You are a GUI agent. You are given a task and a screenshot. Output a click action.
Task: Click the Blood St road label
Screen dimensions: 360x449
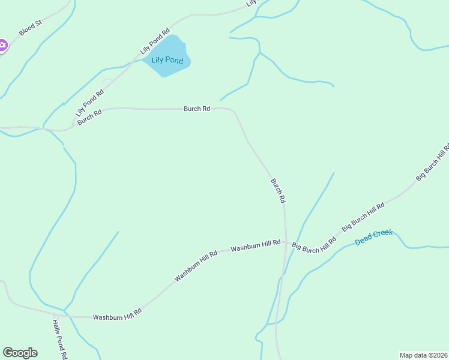point(29,28)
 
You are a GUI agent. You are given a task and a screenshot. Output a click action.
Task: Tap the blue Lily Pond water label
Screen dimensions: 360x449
point(167,61)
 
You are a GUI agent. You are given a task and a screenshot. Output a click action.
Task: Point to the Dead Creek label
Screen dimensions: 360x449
point(373,237)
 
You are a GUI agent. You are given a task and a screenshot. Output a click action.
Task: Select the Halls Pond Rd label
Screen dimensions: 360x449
point(58,338)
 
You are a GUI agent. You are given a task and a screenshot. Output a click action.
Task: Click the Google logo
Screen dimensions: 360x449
point(20,353)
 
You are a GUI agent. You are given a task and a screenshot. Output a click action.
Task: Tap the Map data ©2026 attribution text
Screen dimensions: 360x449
point(424,355)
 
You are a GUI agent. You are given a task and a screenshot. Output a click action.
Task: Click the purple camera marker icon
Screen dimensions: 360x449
point(2,45)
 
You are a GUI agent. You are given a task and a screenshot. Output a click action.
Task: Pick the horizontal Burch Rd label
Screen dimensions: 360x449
point(197,109)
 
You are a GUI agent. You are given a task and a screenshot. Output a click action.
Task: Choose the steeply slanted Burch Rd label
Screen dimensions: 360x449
point(277,190)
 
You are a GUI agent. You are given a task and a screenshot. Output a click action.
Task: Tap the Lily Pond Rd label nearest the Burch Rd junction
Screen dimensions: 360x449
point(89,103)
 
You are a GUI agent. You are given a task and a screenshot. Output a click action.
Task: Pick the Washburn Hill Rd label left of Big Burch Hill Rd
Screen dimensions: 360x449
point(256,245)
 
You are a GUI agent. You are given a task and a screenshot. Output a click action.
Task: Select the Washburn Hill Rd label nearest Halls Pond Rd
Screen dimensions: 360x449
point(116,315)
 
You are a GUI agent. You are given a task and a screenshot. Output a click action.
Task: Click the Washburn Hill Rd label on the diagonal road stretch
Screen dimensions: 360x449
point(196,267)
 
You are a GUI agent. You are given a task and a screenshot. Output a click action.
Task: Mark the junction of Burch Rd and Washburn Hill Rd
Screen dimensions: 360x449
point(285,244)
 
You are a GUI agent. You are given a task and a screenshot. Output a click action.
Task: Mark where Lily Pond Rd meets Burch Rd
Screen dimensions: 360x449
point(73,124)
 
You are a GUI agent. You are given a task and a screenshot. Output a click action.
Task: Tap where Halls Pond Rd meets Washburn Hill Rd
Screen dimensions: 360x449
point(55,314)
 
